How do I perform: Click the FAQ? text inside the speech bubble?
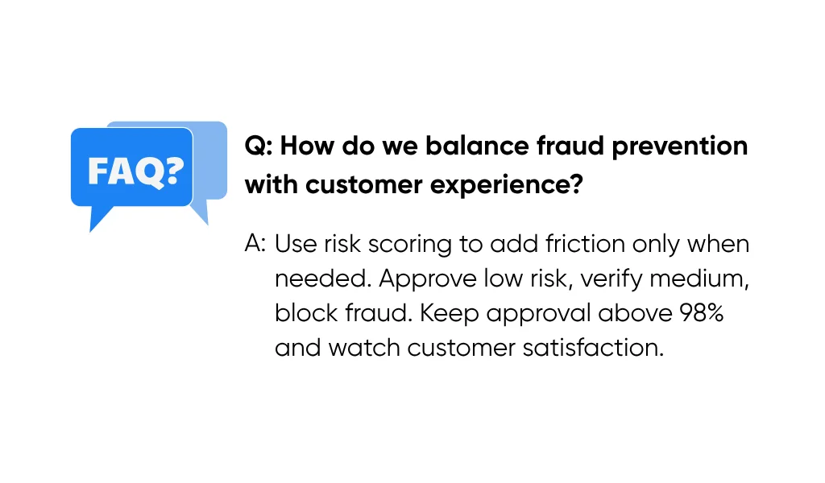pos(135,171)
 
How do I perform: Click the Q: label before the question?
pos(259,147)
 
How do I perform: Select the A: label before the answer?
pos(255,244)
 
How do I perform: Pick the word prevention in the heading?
pos(679,147)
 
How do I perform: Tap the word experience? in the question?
pos(506,185)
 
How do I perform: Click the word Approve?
pos(428,279)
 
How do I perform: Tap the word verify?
pos(611,279)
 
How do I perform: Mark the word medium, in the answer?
pos(699,279)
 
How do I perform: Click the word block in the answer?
pos(306,313)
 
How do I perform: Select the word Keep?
pos(450,314)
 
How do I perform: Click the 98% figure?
pos(702,313)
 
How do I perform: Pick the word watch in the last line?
pos(364,348)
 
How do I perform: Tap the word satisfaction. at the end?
pos(593,348)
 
